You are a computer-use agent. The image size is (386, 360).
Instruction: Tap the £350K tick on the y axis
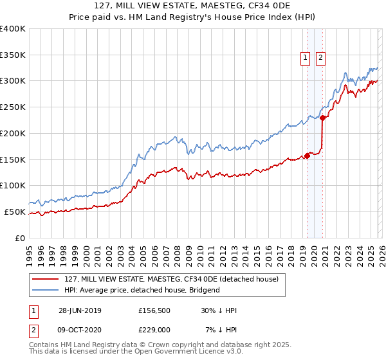[13, 55]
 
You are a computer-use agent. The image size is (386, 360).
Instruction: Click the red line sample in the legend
[46, 280]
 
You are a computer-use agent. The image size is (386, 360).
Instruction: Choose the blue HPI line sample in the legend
[46, 291]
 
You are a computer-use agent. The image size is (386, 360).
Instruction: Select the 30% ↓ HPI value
[219, 310]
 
